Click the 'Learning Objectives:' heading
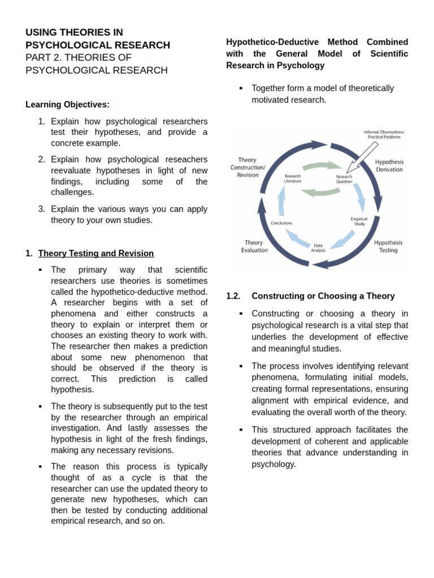67,104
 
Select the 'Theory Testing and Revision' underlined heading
96,253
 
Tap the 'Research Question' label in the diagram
344,179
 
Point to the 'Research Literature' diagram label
292,178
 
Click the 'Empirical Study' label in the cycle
359,221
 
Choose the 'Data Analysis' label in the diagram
318,248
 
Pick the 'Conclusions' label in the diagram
281,223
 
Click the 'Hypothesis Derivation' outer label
389,165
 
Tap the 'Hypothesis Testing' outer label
388,246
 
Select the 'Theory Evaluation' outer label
254,246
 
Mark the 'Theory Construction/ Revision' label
248,167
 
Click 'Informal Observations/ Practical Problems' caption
384,134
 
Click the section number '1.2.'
233,296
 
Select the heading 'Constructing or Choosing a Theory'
323,296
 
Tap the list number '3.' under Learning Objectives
42,209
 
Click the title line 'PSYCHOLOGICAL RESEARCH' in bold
98,45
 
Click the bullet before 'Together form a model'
241,88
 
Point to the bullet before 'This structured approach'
241,430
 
